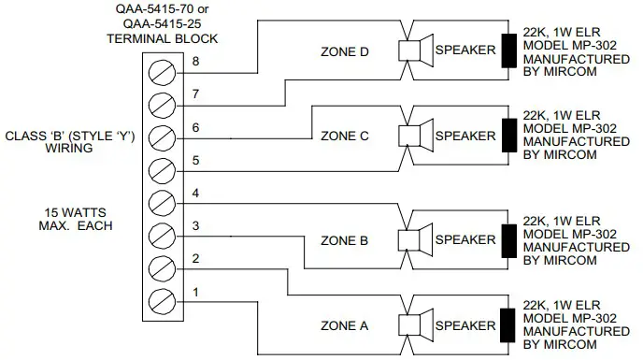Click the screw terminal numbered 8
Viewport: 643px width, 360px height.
164,67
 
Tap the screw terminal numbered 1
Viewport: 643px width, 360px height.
164,300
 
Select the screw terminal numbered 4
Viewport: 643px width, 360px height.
164,200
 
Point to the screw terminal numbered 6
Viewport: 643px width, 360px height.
164,134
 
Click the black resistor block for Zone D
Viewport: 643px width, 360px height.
510,50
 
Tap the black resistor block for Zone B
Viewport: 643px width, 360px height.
510,238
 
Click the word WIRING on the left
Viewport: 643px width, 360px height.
71,147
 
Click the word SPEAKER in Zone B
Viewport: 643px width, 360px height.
465,239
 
